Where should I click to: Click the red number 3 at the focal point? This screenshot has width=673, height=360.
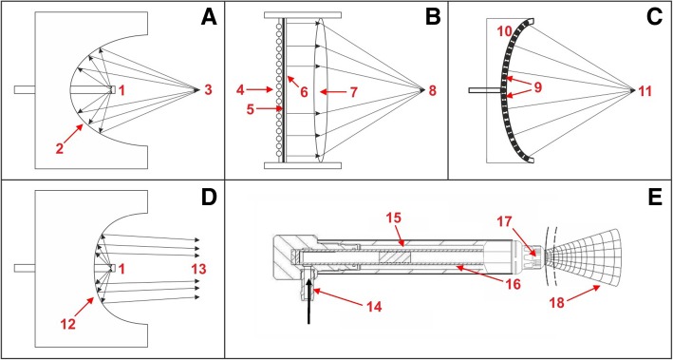coord(204,89)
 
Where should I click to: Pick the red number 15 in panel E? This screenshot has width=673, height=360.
coord(392,218)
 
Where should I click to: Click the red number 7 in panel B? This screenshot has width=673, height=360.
coord(351,91)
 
